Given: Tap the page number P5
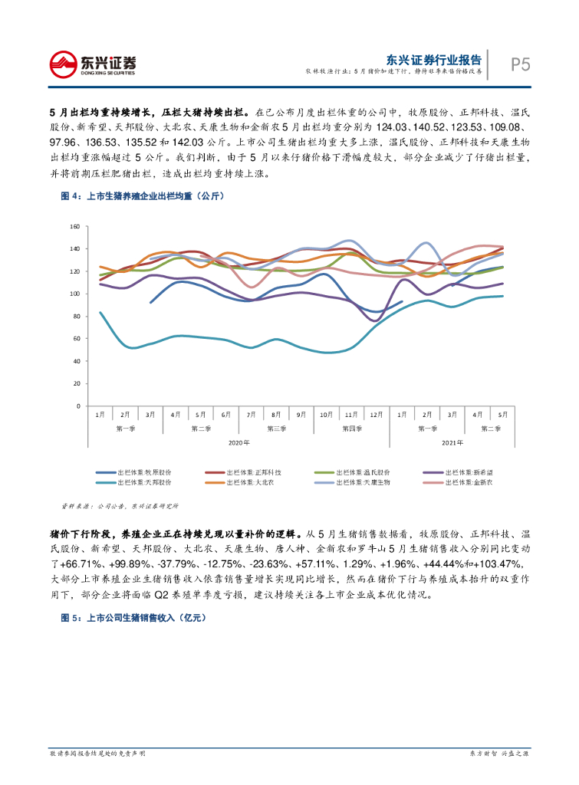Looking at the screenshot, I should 521,64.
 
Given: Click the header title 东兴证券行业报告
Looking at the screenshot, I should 433,59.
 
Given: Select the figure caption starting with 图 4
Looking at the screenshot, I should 142,196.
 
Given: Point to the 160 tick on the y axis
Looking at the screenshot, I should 75,227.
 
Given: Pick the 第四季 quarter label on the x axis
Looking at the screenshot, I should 352,428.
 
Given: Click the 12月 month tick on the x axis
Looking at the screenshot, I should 376,414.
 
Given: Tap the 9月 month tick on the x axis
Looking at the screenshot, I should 301,414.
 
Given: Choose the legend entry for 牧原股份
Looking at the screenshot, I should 144,472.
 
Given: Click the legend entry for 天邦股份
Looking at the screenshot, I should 144,483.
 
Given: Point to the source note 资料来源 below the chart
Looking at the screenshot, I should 119,506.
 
